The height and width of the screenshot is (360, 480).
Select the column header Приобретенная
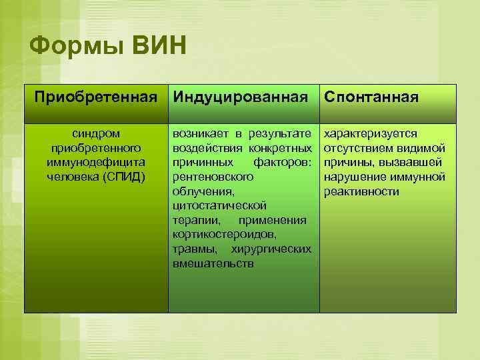pyautogui.click(x=96, y=97)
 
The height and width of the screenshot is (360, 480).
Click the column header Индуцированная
pyautogui.click(x=241, y=97)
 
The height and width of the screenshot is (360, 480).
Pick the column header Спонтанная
pyautogui.click(x=371, y=97)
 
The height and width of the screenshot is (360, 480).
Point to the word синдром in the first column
pyautogui.click(x=96, y=133)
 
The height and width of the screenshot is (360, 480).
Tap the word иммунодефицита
pyautogui.click(x=96, y=162)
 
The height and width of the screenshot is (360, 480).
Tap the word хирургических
pyautogui.click(x=271, y=249)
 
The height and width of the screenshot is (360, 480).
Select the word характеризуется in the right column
pyautogui.click(x=370, y=133)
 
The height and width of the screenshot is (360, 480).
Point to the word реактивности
pyautogui.click(x=361, y=191)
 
